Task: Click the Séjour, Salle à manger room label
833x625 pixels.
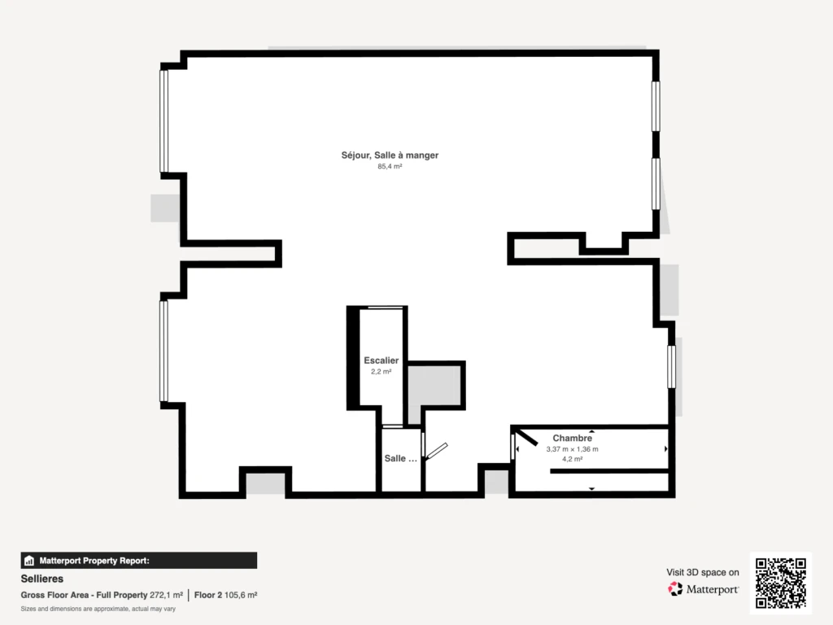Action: pyautogui.click(x=390, y=155)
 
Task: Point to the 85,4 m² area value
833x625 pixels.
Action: pyautogui.click(x=390, y=166)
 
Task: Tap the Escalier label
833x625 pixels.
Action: pyautogui.click(x=381, y=361)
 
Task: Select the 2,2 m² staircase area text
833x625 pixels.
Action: pyautogui.click(x=381, y=371)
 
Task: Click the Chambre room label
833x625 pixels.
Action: pyautogui.click(x=572, y=438)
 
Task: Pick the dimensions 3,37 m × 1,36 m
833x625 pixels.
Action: pyautogui.click(x=572, y=449)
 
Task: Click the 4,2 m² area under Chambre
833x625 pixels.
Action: pyautogui.click(x=572, y=459)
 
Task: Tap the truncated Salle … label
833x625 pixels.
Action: pyautogui.click(x=400, y=458)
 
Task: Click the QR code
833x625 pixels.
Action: pyautogui.click(x=780, y=583)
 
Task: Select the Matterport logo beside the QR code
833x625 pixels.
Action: pyautogui.click(x=703, y=589)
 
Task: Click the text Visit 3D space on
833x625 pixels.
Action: pyautogui.click(x=703, y=572)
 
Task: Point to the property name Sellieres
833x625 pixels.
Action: pyautogui.click(x=42, y=579)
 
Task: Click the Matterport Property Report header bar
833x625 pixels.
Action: pyautogui.click(x=138, y=560)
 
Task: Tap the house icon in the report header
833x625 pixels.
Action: pyautogui.click(x=29, y=561)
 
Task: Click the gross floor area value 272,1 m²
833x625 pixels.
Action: pyautogui.click(x=166, y=595)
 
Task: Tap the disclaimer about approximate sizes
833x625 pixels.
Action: pyautogui.click(x=98, y=609)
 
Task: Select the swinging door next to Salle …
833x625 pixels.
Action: pyautogui.click(x=437, y=451)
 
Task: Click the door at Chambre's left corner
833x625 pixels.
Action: pyautogui.click(x=526, y=437)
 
